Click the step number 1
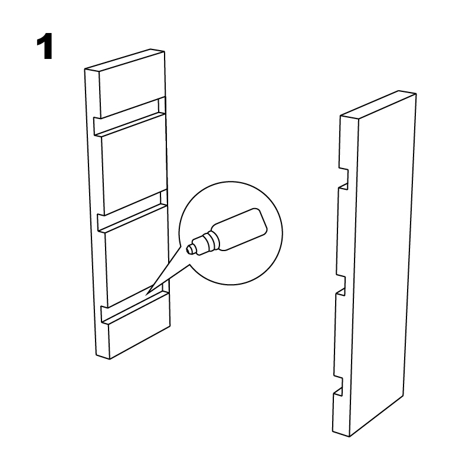click(x=45, y=47)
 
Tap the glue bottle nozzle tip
click(x=188, y=249)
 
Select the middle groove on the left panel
click(x=132, y=212)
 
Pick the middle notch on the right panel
click(x=340, y=285)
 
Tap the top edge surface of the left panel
click(x=124, y=60)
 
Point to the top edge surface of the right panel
click(x=378, y=104)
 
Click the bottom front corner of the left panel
click(x=110, y=359)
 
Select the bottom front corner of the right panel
click(x=349, y=437)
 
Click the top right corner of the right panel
click(x=416, y=94)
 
